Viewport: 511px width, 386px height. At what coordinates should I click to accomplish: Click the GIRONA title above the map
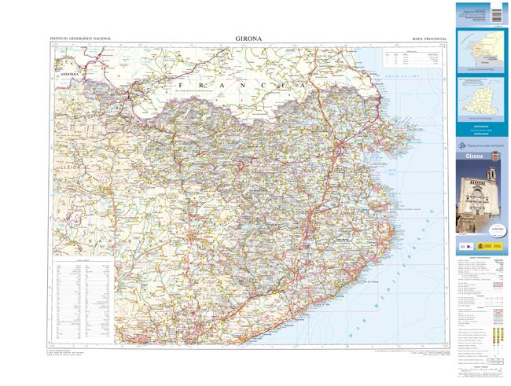coord(248,37)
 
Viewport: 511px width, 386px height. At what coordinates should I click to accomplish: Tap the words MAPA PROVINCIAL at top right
coord(428,38)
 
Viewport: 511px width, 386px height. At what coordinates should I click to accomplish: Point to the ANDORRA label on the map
coord(65,75)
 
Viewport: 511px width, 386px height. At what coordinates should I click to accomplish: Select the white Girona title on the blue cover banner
coord(475,156)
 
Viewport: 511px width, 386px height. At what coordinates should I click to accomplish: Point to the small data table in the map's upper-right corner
coord(412,57)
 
